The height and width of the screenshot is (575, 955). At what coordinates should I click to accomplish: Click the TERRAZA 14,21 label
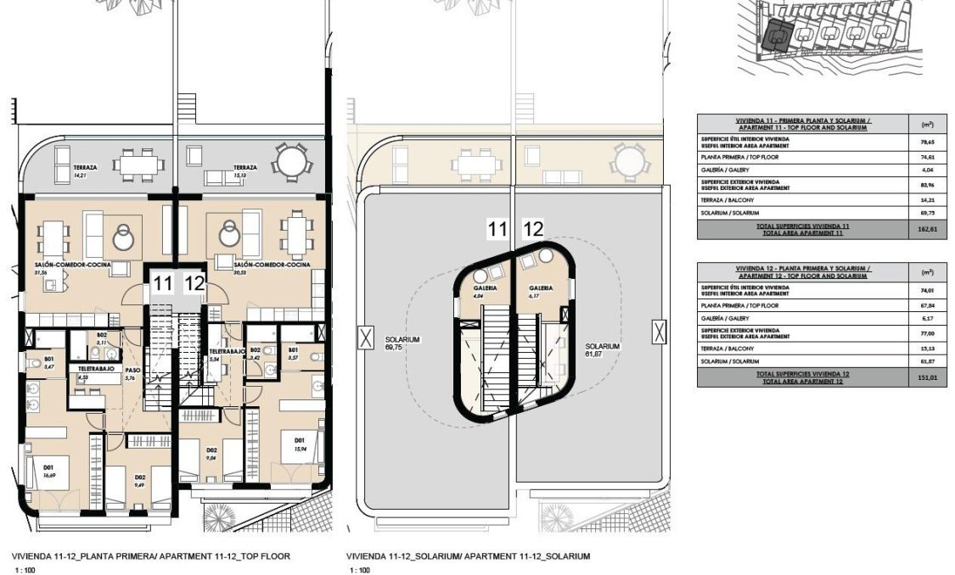84,170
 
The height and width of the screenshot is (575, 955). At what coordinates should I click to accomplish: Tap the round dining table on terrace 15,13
290,159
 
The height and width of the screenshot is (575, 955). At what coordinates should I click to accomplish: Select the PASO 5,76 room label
132,373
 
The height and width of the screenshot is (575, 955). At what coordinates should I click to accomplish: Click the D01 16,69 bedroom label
48,471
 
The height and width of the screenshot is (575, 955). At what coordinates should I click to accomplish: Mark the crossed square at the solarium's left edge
366,338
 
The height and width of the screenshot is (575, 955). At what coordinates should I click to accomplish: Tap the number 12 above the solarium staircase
533,227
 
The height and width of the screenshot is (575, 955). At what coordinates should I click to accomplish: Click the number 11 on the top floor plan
160,283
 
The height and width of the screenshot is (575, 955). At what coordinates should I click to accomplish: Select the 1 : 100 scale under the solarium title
359,571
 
